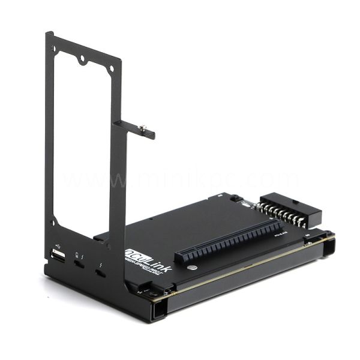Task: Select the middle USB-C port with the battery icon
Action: click(x=79, y=264)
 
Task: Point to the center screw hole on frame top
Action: click(x=81, y=60)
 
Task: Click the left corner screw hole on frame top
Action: click(x=51, y=43)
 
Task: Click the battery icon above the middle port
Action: click(x=77, y=254)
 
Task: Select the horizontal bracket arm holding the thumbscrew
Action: click(x=135, y=128)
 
